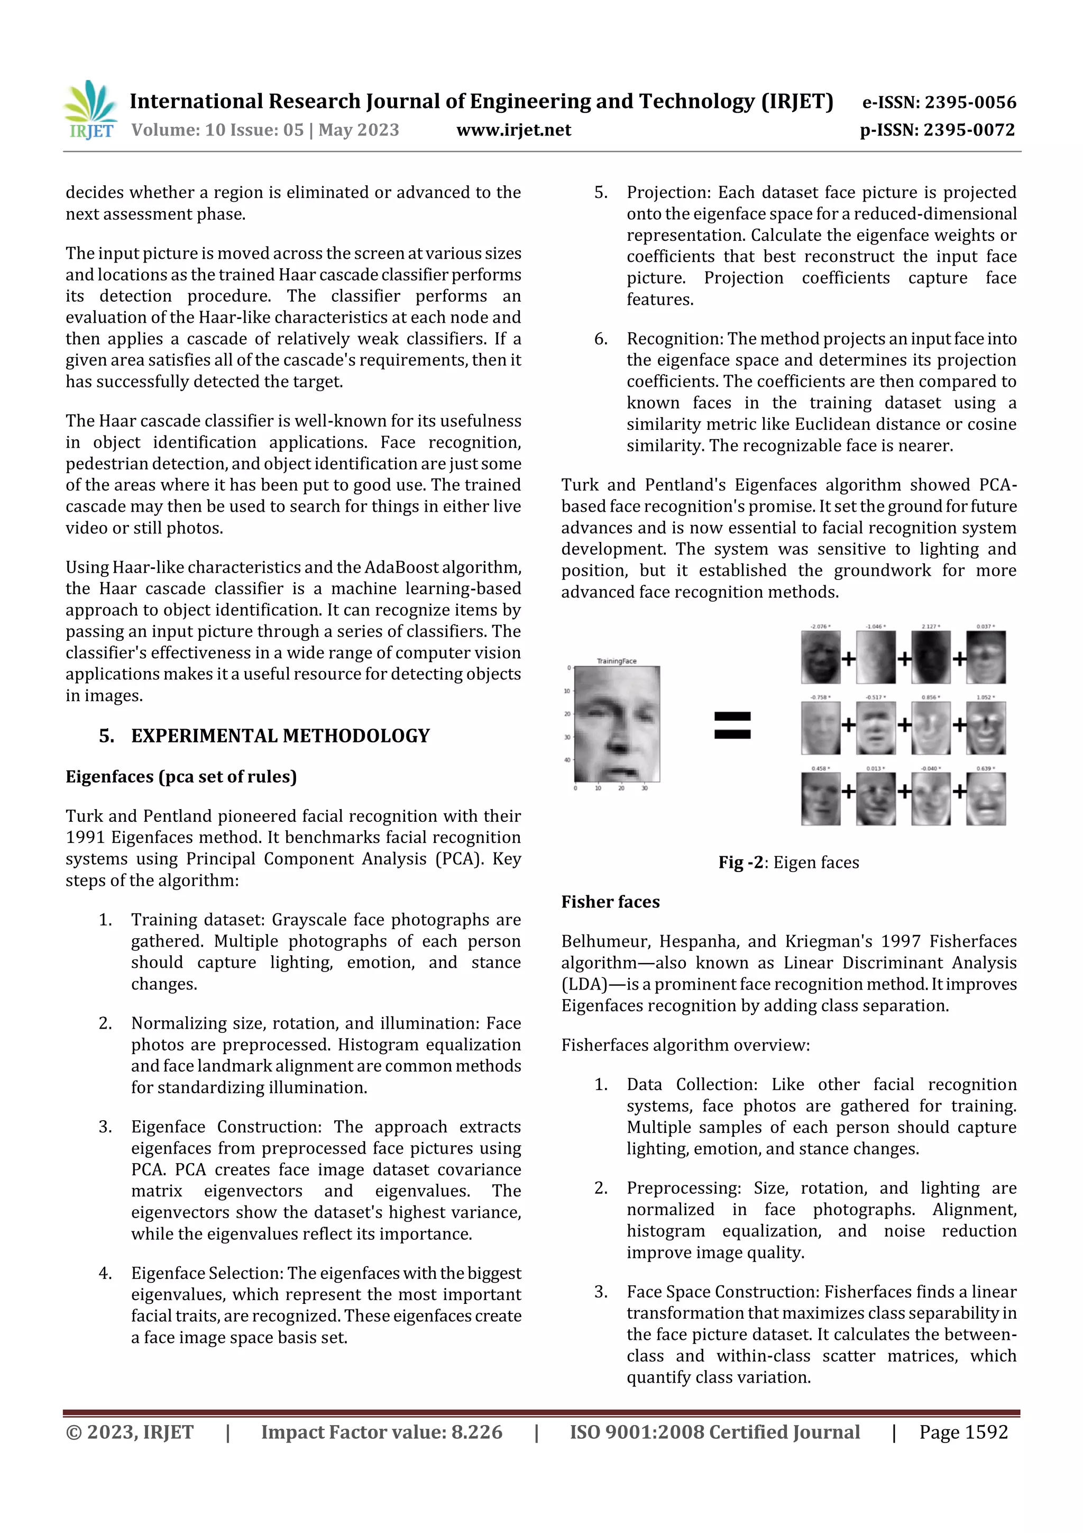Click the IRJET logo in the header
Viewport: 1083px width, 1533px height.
(90, 110)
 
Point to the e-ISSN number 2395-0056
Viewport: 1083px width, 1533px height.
(969, 102)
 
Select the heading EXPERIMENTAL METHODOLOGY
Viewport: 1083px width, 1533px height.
(280, 736)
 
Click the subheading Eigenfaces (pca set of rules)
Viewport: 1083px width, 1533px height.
(181, 776)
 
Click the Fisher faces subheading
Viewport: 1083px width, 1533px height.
(610, 902)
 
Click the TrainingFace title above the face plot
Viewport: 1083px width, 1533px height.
(616, 661)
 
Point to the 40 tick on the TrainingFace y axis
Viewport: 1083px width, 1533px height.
(567, 760)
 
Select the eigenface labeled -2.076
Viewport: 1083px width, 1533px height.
(820, 658)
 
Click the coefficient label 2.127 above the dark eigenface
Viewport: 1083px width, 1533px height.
(930, 627)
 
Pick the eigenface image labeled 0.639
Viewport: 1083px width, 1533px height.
(986, 799)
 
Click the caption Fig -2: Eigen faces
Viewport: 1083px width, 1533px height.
(788, 863)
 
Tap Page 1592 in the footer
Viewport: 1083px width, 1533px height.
(963, 1432)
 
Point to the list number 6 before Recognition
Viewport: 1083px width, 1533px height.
(601, 339)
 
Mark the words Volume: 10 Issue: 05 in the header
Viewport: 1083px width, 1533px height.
(217, 130)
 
